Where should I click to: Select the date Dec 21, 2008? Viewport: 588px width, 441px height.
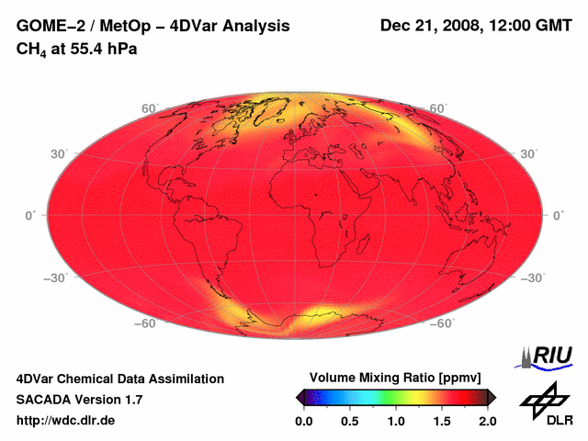point(428,27)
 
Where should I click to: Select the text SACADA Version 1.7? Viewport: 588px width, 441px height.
point(80,400)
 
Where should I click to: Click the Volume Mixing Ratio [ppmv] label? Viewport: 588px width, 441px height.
point(395,378)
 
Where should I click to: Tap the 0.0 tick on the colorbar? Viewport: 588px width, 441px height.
point(303,421)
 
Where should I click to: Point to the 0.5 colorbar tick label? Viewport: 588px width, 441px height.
point(349,421)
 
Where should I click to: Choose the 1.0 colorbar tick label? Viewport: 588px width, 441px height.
point(395,421)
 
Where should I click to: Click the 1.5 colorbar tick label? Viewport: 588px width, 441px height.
point(441,421)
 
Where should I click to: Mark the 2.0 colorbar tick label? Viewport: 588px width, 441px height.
point(487,421)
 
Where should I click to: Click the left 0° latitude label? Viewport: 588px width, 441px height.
point(29,215)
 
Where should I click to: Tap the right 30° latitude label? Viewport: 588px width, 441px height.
point(528,153)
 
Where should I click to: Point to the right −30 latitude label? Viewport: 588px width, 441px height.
point(532,277)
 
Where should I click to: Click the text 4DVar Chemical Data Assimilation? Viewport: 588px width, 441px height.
point(119,379)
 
